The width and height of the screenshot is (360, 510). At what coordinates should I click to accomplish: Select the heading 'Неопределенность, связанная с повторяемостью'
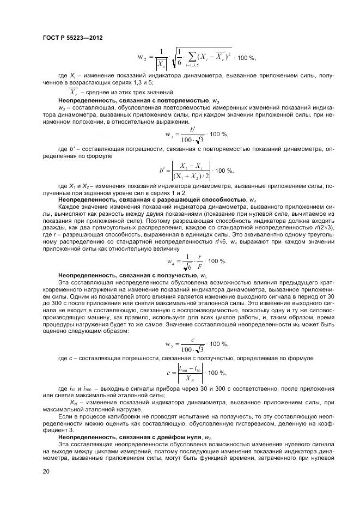coord(130,101)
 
